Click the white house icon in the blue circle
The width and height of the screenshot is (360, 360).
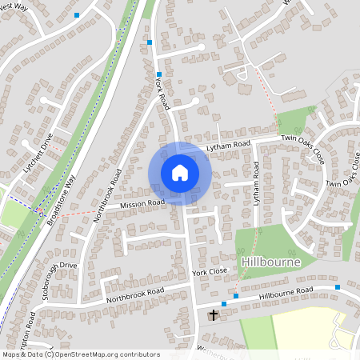point(179,172)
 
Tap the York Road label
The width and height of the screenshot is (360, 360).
point(162,94)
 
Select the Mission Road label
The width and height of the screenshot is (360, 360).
point(142,204)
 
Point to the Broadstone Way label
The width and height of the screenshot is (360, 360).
point(64,195)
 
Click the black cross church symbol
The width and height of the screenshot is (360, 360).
point(214,315)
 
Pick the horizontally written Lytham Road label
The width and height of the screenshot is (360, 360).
point(228,145)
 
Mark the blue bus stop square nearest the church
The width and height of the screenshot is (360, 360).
point(224,304)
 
